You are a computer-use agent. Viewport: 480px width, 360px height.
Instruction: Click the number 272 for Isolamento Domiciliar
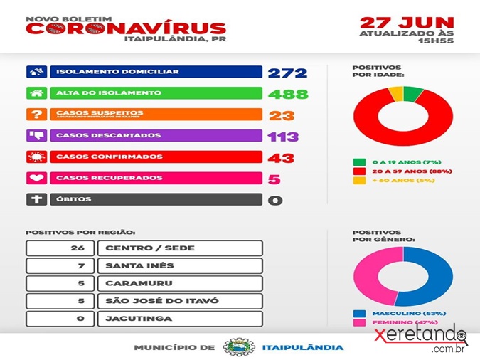click(x=287, y=73)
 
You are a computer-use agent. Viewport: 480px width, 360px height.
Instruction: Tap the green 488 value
click(x=288, y=94)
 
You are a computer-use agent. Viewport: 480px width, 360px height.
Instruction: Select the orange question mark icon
click(x=36, y=115)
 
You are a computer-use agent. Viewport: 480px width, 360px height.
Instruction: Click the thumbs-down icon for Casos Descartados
click(x=36, y=136)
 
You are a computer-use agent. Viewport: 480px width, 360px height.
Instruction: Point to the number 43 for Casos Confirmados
click(x=281, y=157)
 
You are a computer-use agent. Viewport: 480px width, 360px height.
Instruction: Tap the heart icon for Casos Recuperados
click(x=36, y=178)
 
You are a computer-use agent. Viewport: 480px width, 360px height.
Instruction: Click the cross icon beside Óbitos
click(x=36, y=199)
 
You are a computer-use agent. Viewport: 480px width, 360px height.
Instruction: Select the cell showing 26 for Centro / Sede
click(x=60, y=248)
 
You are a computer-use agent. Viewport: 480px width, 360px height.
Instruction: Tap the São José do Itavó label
click(x=162, y=301)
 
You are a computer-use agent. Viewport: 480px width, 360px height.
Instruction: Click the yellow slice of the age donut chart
click(x=395, y=93)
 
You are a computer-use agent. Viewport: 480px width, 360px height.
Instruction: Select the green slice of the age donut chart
click(x=412, y=93)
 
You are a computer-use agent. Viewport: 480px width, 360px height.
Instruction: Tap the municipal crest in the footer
click(x=236, y=347)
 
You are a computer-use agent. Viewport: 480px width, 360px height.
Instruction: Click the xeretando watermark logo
click(x=420, y=337)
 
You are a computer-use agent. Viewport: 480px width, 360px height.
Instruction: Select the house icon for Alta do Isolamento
click(x=36, y=93)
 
